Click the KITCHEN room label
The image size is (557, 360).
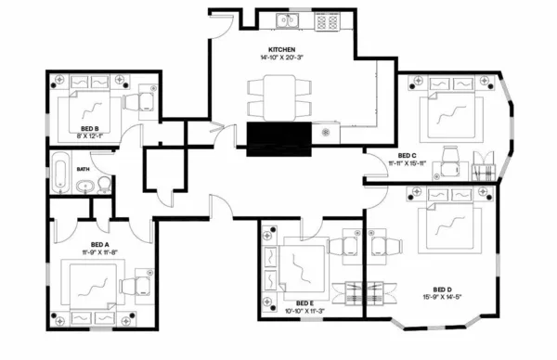(x=281, y=48)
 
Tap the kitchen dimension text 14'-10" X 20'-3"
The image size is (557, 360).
(x=281, y=57)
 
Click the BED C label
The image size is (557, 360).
(x=407, y=155)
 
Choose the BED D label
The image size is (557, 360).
(x=444, y=289)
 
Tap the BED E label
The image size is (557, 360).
(x=305, y=302)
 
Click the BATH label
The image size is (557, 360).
(x=83, y=170)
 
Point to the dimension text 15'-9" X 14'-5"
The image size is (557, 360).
(x=444, y=297)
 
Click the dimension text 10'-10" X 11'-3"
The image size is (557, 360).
(x=305, y=311)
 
